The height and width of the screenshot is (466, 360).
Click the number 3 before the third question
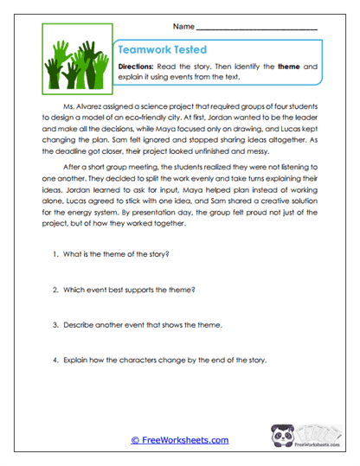55,324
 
